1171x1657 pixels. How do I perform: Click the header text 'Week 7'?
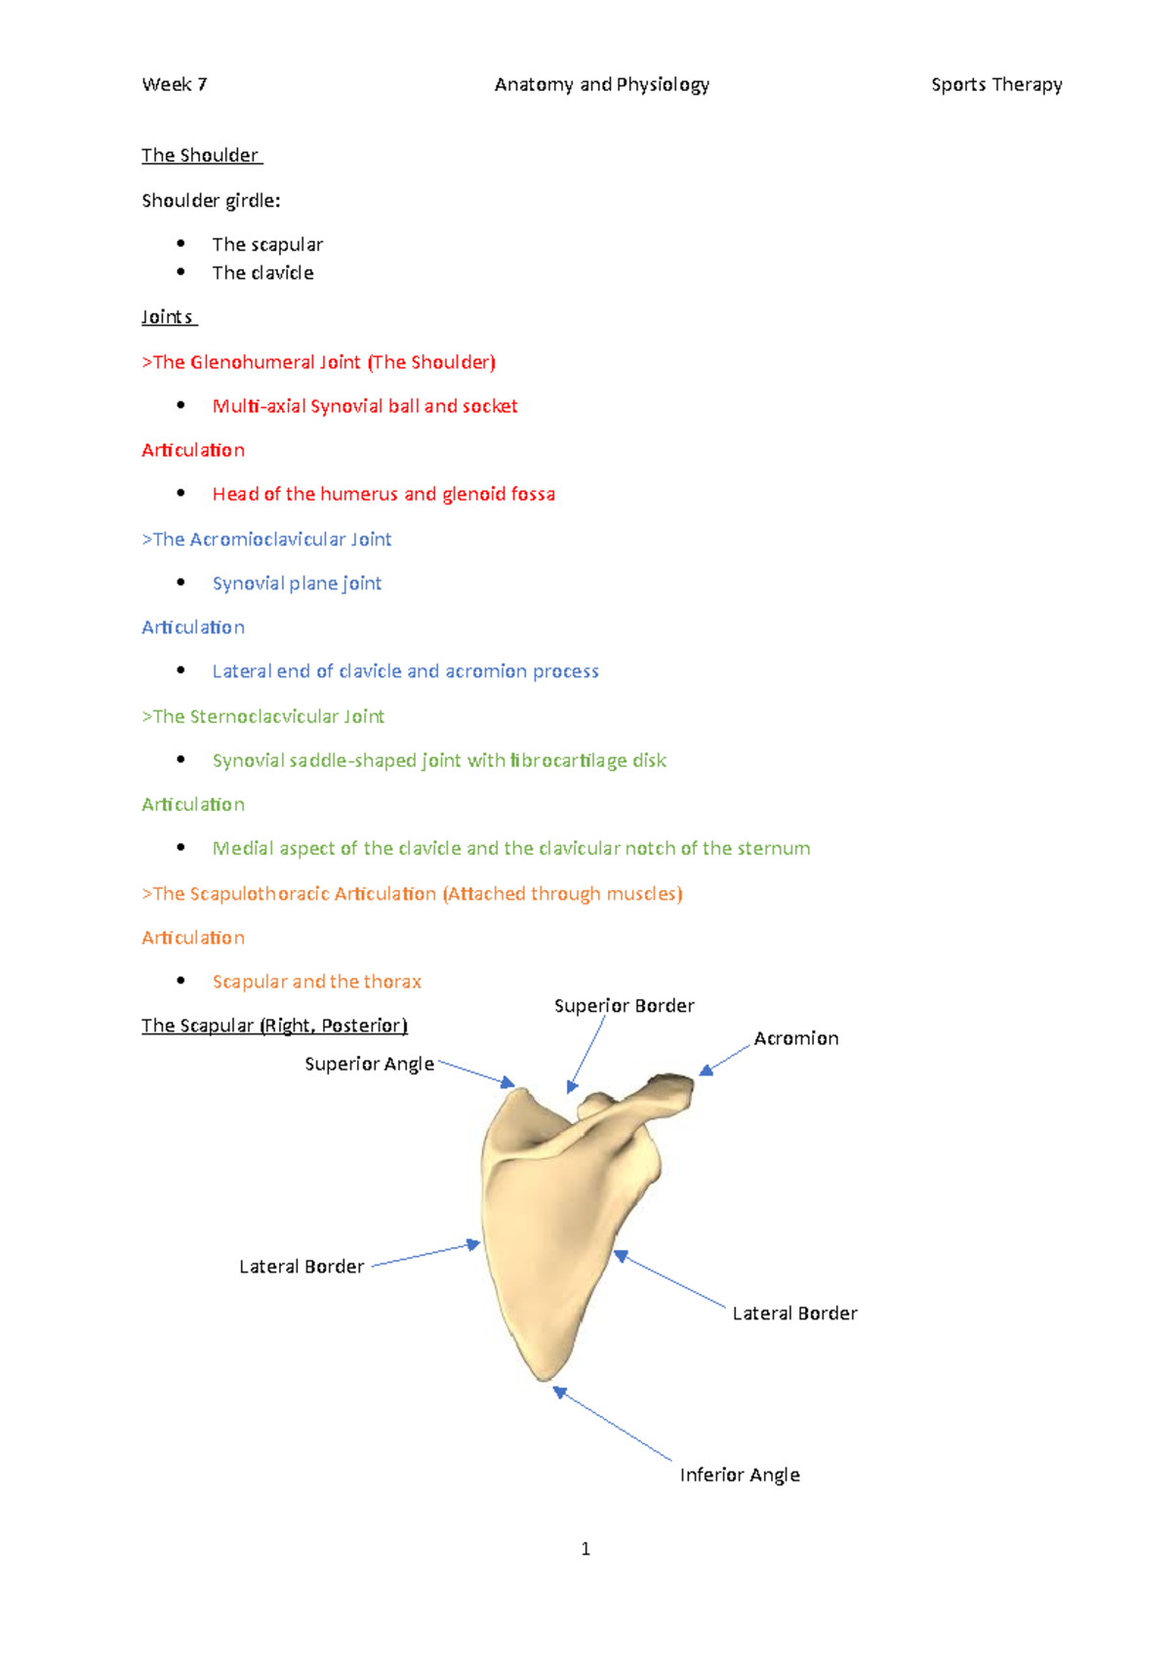tap(175, 85)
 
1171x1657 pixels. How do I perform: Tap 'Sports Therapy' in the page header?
tap(996, 85)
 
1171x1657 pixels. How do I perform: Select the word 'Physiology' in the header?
tap(663, 85)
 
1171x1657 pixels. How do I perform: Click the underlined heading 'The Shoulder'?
tap(200, 155)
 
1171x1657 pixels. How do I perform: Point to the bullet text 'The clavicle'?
tap(262, 273)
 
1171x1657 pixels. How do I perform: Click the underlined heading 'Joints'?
tap(168, 317)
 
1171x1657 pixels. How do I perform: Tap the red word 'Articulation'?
tap(193, 450)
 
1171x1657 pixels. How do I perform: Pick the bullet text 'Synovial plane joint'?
tap(297, 584)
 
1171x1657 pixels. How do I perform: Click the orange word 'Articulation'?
tap(193, 938)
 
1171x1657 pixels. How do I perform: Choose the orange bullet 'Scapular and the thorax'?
tap(317, 982)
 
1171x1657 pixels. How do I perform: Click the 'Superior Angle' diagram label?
tap(369, 1064)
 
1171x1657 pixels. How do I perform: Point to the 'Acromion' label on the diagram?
tap(796, 1038)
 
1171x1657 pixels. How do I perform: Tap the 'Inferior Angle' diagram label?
tap(740, 1475)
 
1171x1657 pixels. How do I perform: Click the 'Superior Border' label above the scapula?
tap(625, 1006)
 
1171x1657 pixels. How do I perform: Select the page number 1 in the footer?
tap(585, 1549)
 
